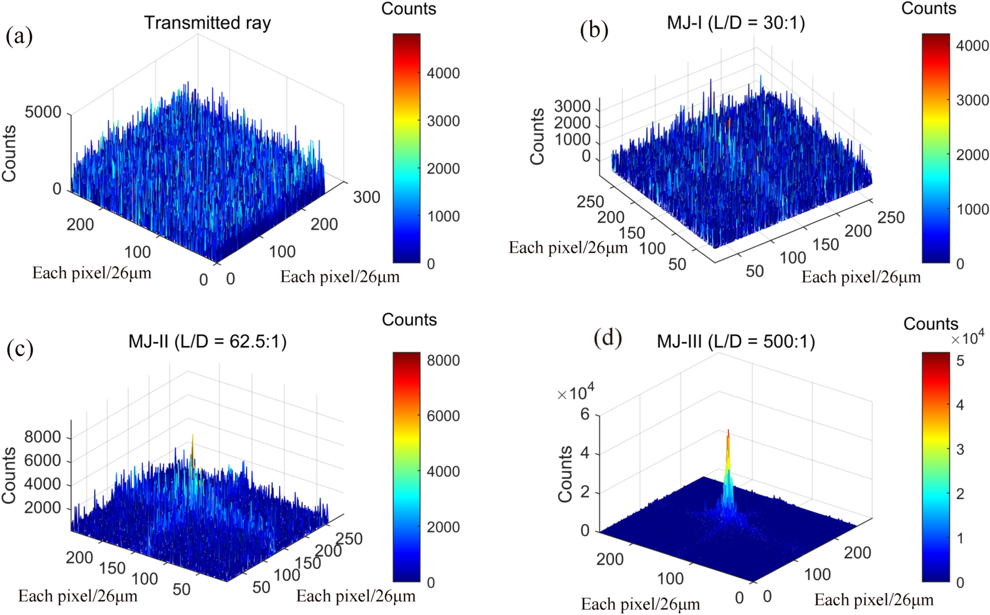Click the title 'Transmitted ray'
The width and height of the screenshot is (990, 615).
click(x=207, y=23)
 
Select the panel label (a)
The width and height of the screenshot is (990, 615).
click(x=19, y=36)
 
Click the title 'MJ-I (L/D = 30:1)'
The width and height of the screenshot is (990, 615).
click(x=736, y=23)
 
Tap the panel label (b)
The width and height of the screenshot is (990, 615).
click(x=594, y=30)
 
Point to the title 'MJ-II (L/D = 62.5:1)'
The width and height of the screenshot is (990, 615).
click(x=207, y=341)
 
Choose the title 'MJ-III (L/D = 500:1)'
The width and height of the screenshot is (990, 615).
click(x=736, y=341)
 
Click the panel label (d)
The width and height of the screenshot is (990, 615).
click(x=608, y=338)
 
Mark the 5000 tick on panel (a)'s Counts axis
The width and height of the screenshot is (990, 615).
click(x=43, y=113)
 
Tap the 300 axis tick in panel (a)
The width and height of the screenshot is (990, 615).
click(x=367, y=197)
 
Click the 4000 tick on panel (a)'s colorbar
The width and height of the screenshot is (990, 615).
click(x=443, y=73)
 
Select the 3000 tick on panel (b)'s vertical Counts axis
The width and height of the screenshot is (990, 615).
click(x=572, y=107)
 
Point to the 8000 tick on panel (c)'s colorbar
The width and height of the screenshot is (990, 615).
click(x=443, y=361)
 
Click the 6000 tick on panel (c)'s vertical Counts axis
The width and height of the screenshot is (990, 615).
click(x=42, y=461)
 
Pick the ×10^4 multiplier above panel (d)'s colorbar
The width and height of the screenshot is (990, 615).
click(x=967, y=339)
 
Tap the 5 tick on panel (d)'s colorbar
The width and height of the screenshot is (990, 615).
click(x=960, y=361)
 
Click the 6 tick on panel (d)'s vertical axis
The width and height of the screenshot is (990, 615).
click(x=585, y=414)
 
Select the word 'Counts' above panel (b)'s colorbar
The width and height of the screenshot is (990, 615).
click(x=929, y=8)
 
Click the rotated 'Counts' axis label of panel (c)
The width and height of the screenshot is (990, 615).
click(x=9, y=475)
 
